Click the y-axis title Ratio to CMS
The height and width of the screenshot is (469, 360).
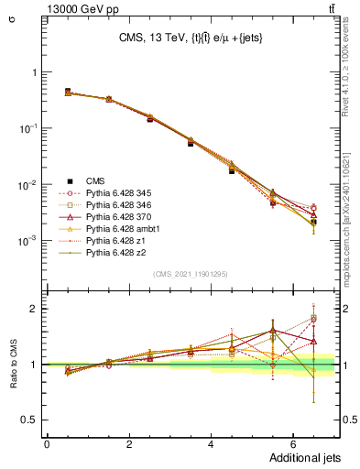pyautogui.click(x=13, y=365)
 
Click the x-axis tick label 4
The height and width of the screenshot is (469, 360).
pyautogui.click(x=211, y=444)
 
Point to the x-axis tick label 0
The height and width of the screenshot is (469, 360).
pyautogui.click(x=47, y=444)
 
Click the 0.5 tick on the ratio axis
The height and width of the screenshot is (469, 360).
pyautogui.click(x=32, y=420)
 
